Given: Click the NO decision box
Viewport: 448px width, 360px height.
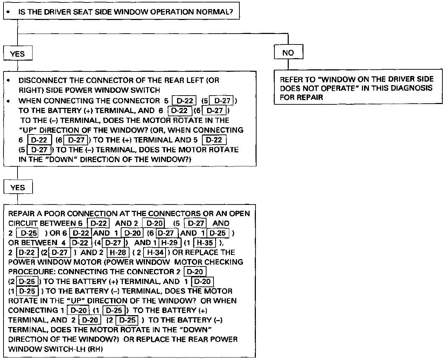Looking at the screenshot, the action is (288, 53).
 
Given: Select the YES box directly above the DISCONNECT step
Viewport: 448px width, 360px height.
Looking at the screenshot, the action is (17, 54).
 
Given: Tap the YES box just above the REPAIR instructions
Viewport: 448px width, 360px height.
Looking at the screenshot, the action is (17, 187).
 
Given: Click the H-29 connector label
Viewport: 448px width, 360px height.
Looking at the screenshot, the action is (170, 242).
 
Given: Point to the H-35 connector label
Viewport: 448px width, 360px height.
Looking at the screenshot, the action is (205, 242).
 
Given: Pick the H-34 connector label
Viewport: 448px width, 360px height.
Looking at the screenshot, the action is (154, 252).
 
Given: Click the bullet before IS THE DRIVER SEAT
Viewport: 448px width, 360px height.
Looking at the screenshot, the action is (8, 12).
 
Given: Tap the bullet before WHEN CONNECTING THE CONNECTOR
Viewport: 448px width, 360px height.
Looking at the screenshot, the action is (8, 101).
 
